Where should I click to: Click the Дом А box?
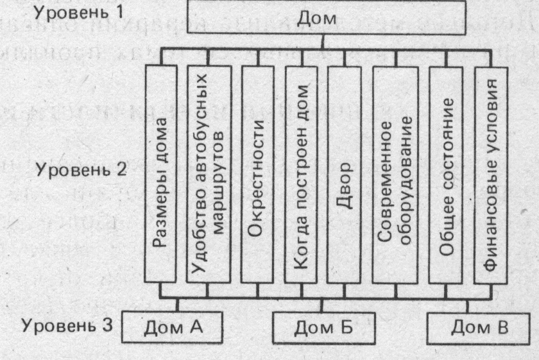[x=165, y=328]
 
